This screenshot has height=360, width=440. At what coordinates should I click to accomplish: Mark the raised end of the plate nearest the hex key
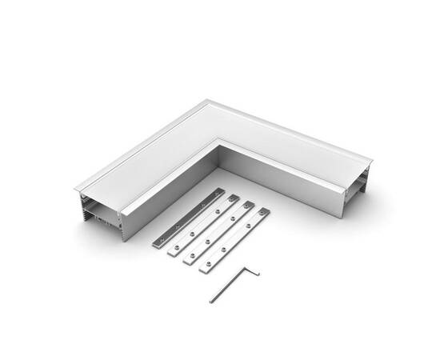(x=263, y=213)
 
